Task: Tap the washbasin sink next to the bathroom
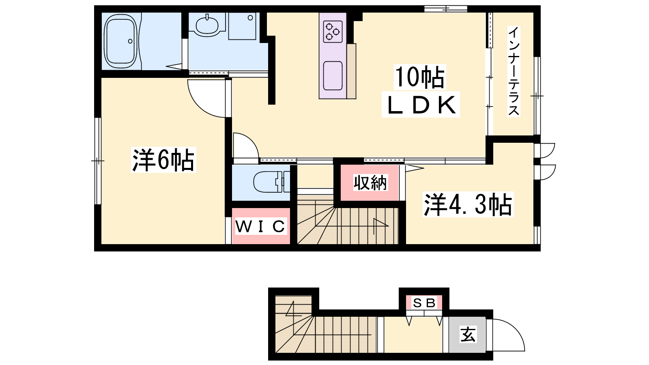(207, 26)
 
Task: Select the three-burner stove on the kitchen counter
(333, 32)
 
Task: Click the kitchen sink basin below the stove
(333, 76)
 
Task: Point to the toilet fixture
(271, 182)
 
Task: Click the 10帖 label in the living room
(420, 77)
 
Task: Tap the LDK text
(421, 105)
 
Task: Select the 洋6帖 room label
(163, 160)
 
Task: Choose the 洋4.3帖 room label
(468, 204)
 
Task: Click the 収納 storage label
(370, 183)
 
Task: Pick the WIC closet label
(260, 226)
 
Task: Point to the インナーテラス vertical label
(514, 71)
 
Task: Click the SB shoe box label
(424, 303)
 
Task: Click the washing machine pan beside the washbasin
(242, 26)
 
